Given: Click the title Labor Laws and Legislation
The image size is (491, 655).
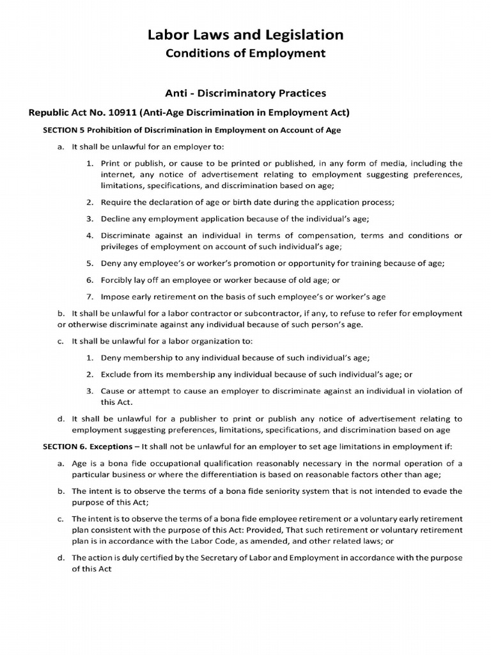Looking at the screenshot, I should click(x=245, y=34).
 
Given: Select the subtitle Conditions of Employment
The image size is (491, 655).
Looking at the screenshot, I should click(x=245, y=53).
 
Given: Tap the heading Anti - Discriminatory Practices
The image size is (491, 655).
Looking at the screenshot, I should click(x=245, y=94).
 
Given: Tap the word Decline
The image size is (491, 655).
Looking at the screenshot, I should click(x=116, y=219).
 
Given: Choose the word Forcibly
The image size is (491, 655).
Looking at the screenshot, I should click(x=118, y=280).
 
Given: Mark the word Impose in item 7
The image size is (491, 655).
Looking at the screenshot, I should click(x=115, y=296).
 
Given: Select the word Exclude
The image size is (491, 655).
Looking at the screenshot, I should click(x=116, y=374).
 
